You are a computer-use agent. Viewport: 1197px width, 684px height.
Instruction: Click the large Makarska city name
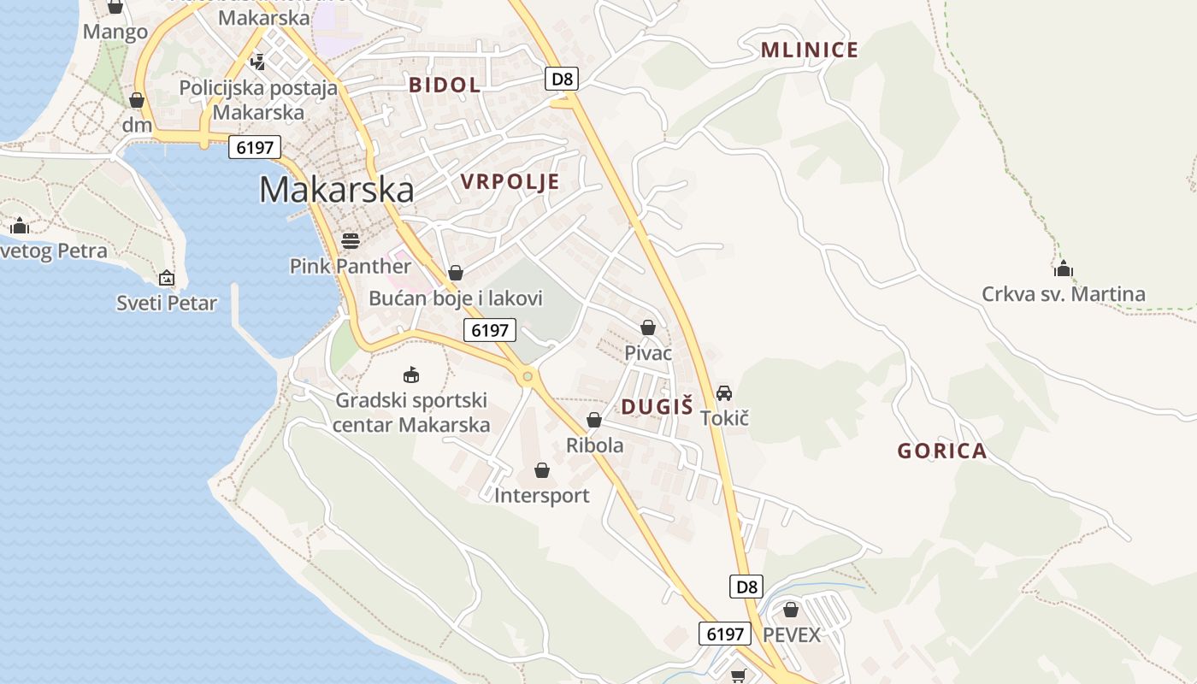coord(336,190)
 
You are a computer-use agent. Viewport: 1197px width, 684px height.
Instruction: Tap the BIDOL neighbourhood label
coord(445,85)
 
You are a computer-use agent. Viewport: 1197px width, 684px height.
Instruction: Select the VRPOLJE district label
coord(510,181)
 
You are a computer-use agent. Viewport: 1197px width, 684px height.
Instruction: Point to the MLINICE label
coord(809,50)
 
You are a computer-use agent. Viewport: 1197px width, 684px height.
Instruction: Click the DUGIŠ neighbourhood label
coord(657,407)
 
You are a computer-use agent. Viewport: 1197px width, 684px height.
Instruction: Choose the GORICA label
coord(941,451)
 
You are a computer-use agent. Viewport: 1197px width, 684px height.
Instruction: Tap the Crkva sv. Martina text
coord(1063,295)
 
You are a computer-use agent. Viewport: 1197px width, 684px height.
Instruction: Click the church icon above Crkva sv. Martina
coord(1063,268)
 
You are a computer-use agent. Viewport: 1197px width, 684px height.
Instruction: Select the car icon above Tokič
coord(724,393)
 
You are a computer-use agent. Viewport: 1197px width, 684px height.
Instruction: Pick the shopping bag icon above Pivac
coord(648,327)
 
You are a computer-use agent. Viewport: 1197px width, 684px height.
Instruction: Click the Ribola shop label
coord(594,445)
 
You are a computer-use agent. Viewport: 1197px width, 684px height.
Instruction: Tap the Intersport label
coord(541,495)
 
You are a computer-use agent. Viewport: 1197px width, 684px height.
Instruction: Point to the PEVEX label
coord(791,635)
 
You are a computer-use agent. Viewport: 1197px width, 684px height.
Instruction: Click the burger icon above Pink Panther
coord(350,240)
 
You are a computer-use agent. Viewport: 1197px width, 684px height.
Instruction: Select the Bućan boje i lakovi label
coord(456,298)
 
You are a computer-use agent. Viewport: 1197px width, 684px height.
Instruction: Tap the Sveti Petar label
coord(167,303)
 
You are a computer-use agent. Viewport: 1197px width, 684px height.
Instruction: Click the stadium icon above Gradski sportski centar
coord(411,374)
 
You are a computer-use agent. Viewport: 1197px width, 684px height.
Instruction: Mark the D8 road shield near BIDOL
coord(562,80)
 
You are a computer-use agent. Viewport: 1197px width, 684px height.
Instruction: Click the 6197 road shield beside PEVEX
coord(724,634)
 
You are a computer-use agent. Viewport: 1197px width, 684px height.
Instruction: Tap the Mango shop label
coord(115,32)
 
